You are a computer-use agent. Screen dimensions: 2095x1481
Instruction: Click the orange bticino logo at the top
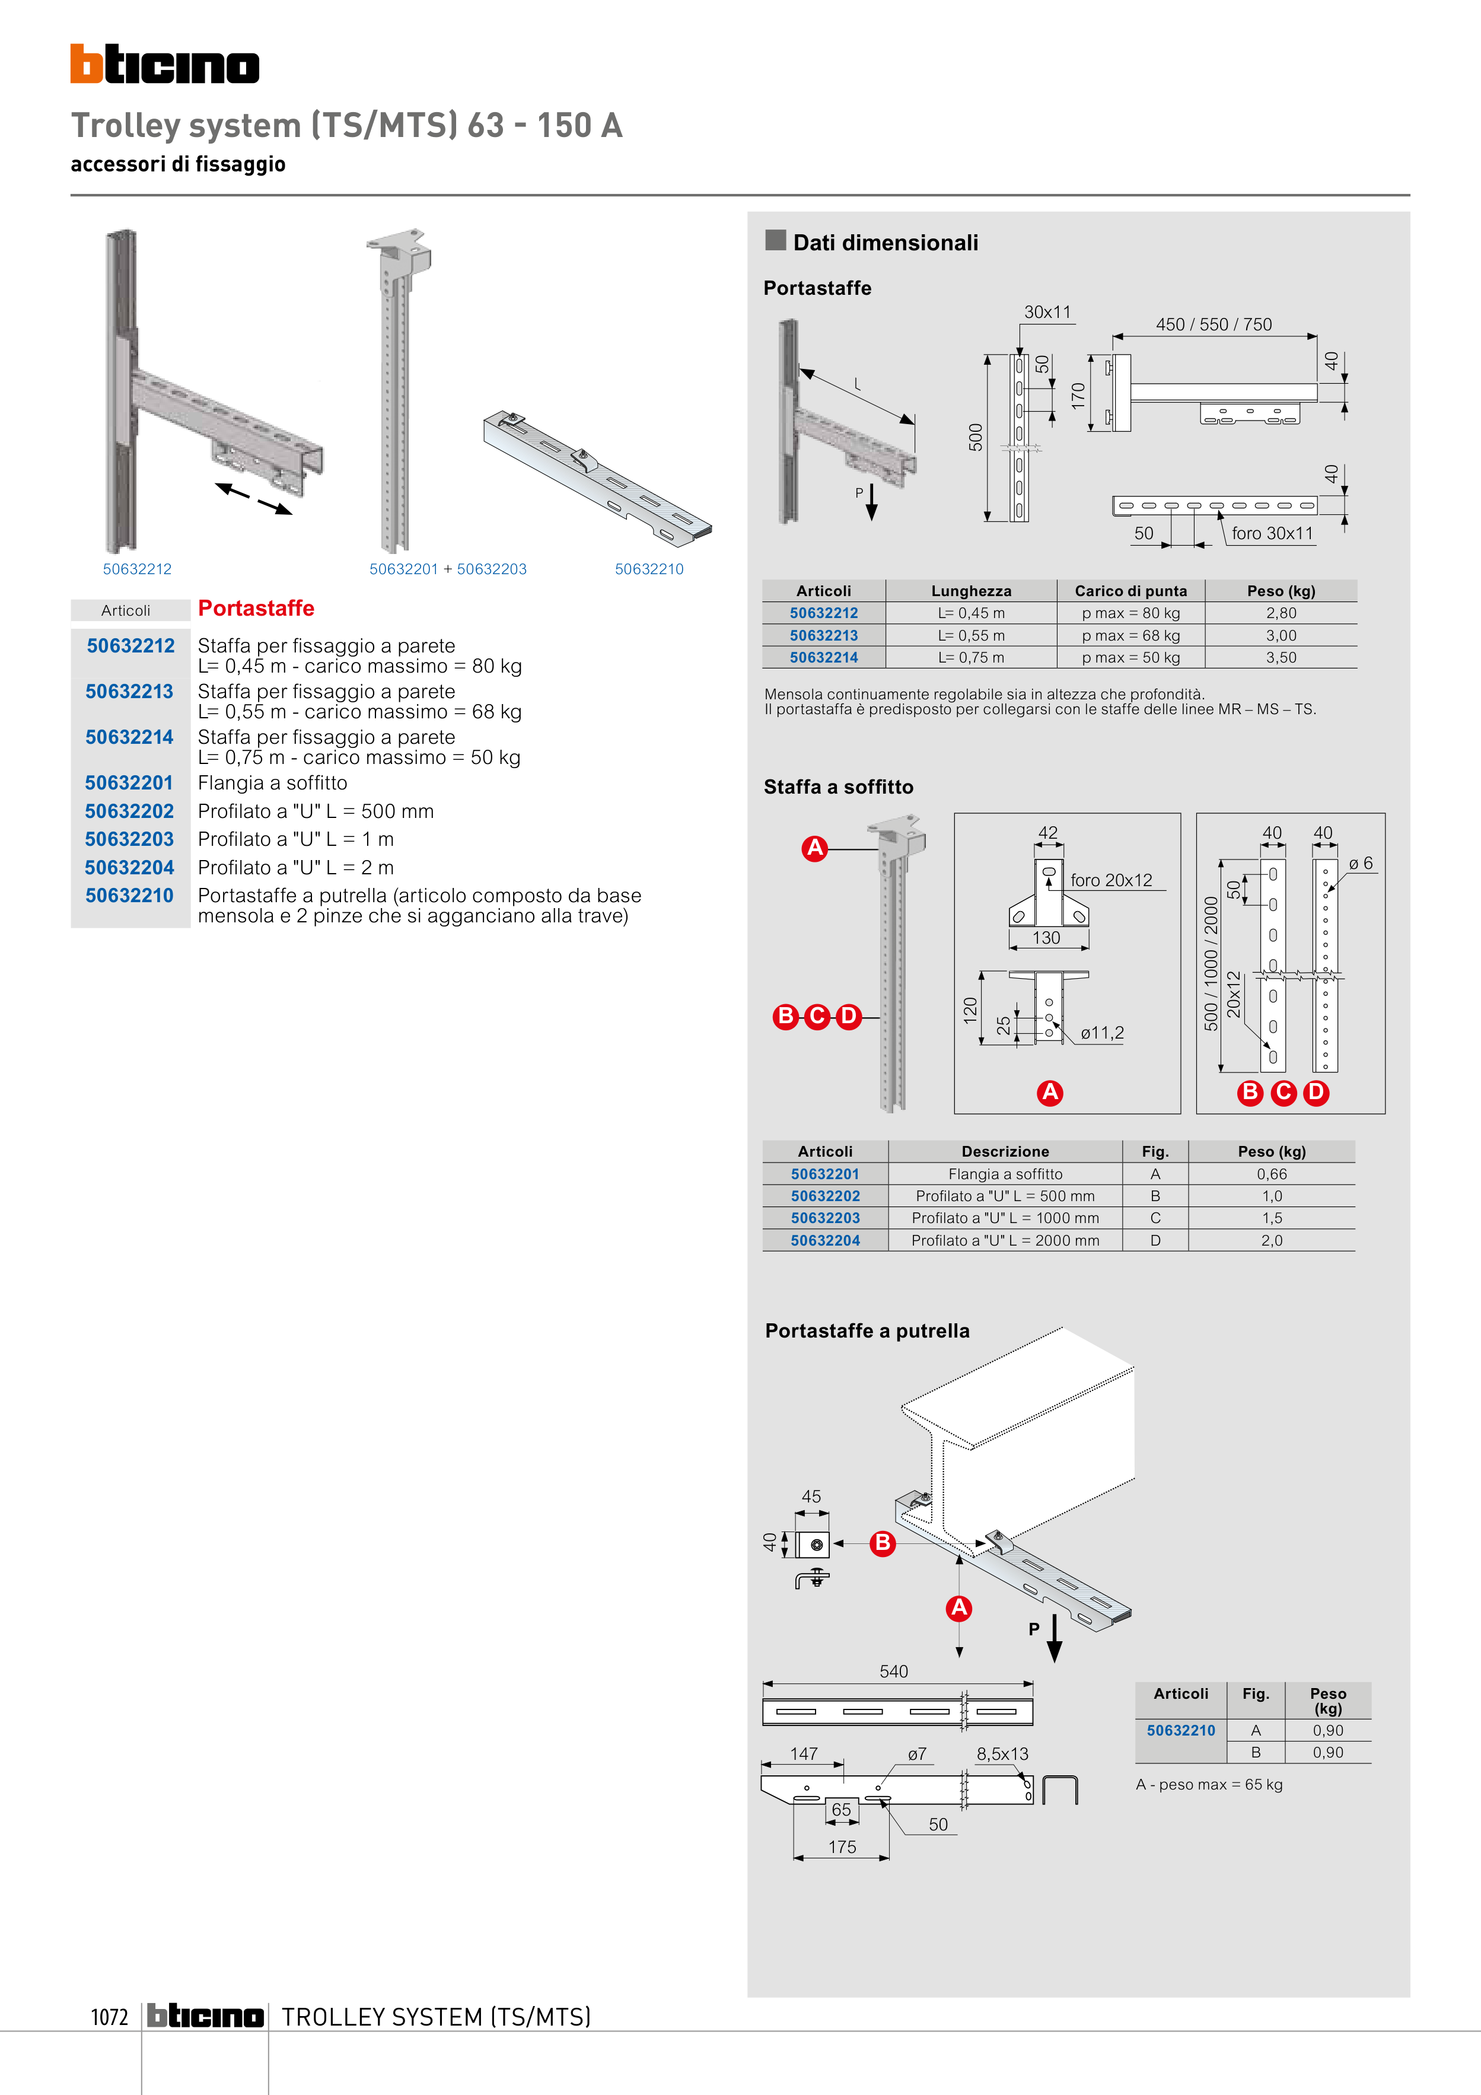[x=164, y=65]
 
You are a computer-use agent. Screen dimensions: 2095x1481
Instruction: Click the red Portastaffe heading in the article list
[x=256, y=609]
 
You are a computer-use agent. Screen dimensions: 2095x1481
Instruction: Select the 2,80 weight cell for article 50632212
[x=1281, y=613]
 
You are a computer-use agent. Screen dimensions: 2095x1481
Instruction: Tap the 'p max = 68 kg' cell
[x=1130, y=635]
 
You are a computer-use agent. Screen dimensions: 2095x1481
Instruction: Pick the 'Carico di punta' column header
[x=1130, y=591]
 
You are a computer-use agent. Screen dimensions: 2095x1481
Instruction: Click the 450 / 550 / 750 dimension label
[x=1213, y=325]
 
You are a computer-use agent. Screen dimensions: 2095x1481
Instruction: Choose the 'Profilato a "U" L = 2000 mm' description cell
[x=1005, y=1241]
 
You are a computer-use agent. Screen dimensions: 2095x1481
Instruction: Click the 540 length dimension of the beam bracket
[x=893, y=1671]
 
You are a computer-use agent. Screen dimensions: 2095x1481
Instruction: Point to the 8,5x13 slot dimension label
[x=1002, y=1754]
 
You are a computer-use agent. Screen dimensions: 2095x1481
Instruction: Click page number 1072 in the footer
[x=110, y=2017]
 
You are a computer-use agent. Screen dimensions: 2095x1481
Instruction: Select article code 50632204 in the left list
[x=129, y=868]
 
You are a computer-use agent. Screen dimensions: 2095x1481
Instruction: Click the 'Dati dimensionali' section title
[x=884, y=243]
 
